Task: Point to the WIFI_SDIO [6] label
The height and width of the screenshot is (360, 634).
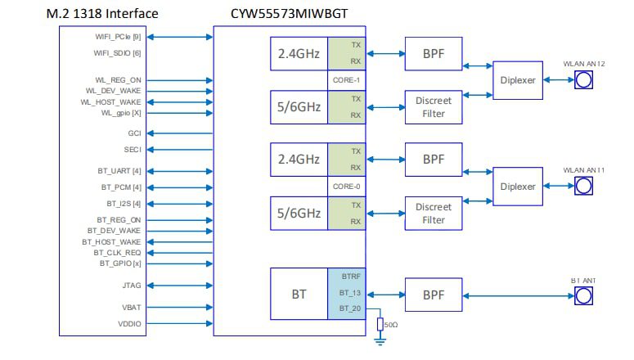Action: click(119, 53)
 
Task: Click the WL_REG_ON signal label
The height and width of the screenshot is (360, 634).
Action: click(118, 80)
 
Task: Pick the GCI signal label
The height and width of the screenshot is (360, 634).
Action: click(134, 133)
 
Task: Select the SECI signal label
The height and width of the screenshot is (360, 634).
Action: click(132, 150)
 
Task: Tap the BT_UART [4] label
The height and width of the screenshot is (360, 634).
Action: click(119, 171)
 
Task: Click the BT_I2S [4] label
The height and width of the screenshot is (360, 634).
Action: click(124, 203)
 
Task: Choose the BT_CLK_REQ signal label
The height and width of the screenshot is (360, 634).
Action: click(117, 253)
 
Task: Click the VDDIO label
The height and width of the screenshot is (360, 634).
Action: click(128, 324)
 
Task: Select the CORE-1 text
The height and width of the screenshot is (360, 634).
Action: click(346, 80)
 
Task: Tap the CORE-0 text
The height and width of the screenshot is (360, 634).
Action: click(346, 186)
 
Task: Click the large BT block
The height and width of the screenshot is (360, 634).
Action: click(299, 292)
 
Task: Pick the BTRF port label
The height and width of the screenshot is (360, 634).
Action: click(349, 277)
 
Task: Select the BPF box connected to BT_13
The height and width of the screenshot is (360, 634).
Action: click(433, 293)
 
